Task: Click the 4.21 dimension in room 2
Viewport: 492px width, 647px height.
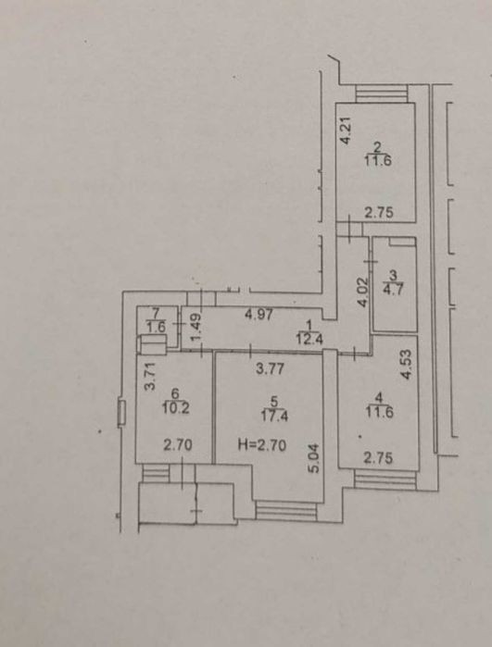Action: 346,131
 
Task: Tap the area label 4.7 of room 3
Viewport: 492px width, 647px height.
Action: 393,288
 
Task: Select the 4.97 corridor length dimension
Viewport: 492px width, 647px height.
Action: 259,316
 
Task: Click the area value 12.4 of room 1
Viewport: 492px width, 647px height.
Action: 309,340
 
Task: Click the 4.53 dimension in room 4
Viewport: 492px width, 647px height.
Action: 407,365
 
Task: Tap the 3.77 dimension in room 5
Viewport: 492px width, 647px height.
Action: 270,368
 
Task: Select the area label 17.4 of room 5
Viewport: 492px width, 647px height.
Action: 274,416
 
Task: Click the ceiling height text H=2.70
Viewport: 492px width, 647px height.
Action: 262,445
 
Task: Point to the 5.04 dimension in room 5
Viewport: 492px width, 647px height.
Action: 314,458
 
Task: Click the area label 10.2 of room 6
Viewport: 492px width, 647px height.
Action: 175,408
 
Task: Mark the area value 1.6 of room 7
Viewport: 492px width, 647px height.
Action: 156,328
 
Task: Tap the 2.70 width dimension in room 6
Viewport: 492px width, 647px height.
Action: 178,445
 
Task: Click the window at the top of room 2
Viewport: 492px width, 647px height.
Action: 382,93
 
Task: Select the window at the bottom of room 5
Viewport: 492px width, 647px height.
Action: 286,510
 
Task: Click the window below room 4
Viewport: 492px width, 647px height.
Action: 385,479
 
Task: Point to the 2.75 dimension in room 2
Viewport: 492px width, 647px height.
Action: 378,213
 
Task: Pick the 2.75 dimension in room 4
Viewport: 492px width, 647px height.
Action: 378,458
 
